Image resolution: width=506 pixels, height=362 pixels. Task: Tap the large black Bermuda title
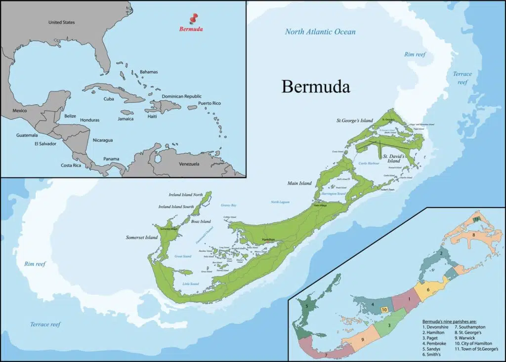(x=316, y=86)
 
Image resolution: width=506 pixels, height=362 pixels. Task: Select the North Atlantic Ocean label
(x=320, y=32)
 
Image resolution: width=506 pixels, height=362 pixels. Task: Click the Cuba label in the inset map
(x=109, y=99)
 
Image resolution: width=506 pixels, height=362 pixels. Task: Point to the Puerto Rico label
(x=210, y=103)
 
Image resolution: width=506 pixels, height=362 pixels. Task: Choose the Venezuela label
(x=189, y=163)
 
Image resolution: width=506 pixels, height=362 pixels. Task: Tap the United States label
(x=62, y=22)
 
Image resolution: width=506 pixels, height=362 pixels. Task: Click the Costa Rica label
(x=71, y=165)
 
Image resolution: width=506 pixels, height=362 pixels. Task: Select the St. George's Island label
(x=355, y=120)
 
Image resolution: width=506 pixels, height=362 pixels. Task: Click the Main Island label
(x=300, y=183)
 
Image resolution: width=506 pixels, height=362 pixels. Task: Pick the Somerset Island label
(x=141, y=238)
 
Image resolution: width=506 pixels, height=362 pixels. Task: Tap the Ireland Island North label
(x=186, y=195)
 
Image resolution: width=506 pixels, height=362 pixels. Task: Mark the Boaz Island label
(x=201, y=221)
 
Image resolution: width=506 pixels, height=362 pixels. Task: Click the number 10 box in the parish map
(x=384, y=310)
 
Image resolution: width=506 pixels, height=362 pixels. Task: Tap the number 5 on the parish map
(x=307, y=307)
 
